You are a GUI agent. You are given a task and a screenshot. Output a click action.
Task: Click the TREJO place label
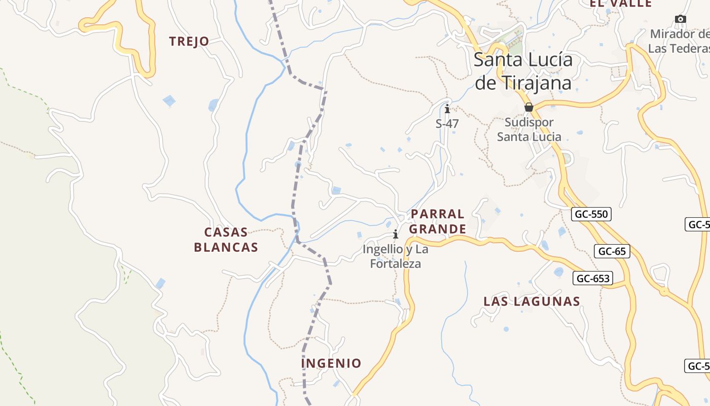(x=189, y=42)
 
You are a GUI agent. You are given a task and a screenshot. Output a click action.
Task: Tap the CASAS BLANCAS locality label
(x=226, y=240)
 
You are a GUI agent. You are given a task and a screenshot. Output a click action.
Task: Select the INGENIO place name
(x=331, y=363)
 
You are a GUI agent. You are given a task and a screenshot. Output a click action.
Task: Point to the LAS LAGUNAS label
(x=531, y=301)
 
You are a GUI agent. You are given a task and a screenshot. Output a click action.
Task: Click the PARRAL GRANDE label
(x=437, y=222)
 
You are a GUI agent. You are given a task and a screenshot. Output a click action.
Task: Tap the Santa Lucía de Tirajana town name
(x=523, y=71)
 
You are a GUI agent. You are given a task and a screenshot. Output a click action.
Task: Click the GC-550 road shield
(x=591, y=214)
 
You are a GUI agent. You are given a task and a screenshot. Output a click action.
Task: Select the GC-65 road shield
(x=612, y=251)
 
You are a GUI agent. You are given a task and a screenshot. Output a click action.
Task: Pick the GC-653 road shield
(x=593, y=278)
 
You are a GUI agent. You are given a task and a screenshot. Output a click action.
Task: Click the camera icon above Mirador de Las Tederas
(x=681, y=19)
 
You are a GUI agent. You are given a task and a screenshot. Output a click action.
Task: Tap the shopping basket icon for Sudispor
(x=529, y=108)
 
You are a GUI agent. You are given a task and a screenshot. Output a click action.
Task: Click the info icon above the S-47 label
(x=447, y=109)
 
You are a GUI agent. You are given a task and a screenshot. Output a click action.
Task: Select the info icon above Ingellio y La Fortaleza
(x=396, y=234)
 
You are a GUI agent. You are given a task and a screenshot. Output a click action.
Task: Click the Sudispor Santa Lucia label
(x=529, y=129)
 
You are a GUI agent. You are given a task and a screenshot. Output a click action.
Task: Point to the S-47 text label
(x=447, y=123)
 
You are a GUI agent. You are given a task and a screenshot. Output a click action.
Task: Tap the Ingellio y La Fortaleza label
(x=396, y=256)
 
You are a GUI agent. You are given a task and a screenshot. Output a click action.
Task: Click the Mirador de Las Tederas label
(x=680, y=41)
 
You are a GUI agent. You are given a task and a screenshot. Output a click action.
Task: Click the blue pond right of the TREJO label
(x=214, y=105)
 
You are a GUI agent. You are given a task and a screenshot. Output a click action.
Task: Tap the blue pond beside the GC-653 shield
(x=558, y=272)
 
